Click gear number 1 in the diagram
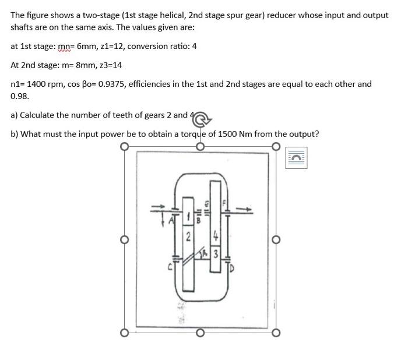188,217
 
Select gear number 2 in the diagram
188,237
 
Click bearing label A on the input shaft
173,220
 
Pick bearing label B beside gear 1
198,221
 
